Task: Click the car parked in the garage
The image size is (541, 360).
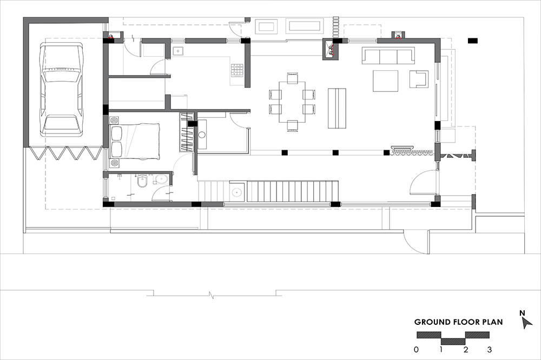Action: (62, 89)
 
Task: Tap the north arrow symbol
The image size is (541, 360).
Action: (526, 323)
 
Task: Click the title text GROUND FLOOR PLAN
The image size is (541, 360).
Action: (458, 322)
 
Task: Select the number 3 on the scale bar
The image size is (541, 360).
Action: (489, 349)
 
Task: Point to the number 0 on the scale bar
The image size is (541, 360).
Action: (417, 349)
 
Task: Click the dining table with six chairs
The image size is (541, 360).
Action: (292, 102)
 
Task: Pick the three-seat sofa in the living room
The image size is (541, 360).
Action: (388, 56)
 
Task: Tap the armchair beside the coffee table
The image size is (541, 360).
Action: (419, 79)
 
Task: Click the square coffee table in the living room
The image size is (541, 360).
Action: (385, 81)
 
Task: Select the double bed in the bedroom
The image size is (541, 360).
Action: (135, 142)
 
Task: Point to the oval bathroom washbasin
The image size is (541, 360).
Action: (161, 179)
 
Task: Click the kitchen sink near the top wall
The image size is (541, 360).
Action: (177, 51)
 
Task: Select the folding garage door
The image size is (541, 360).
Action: (66, 153)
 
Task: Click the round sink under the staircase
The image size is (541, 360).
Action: (237, 192)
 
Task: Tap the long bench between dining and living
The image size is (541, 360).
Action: (337, 108)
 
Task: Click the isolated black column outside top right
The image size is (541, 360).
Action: (473, 41)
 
